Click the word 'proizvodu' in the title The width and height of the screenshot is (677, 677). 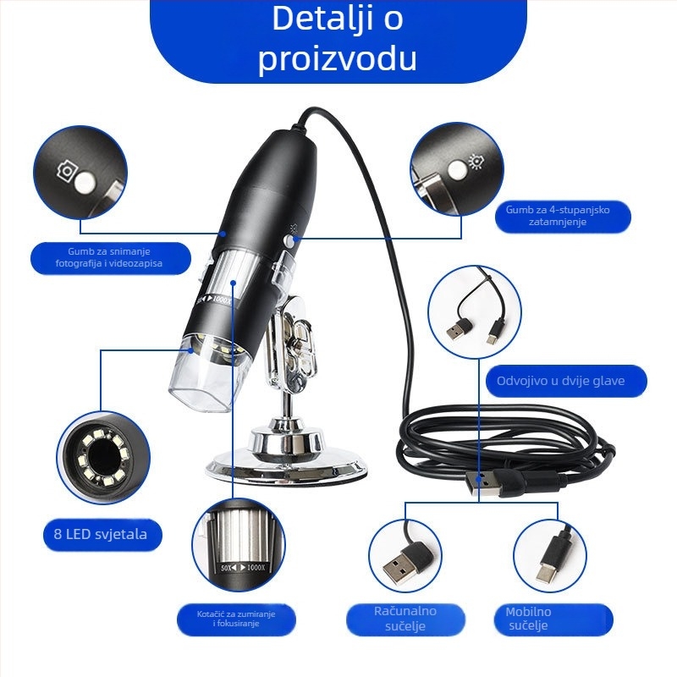(337, 58)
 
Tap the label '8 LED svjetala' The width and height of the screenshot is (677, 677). (101, 534)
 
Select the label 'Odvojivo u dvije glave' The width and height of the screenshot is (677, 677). (560, 381)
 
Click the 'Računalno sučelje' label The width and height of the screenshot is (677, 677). (405, 619)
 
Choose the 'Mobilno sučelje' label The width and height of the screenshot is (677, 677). (528, 619)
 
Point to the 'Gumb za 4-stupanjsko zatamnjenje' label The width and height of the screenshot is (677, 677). (558, 216)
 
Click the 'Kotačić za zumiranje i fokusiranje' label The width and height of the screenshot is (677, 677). (236, 619)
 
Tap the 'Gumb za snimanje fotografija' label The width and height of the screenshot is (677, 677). (109, 257)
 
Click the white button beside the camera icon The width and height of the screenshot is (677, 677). (85, 183)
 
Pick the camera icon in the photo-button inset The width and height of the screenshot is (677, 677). (66, 171)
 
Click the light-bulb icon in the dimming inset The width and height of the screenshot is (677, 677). (476, 160)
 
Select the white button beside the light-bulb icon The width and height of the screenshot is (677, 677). (457, 168)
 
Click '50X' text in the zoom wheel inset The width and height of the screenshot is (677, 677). (226, 567)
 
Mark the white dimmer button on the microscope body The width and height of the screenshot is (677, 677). (289, 241)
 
